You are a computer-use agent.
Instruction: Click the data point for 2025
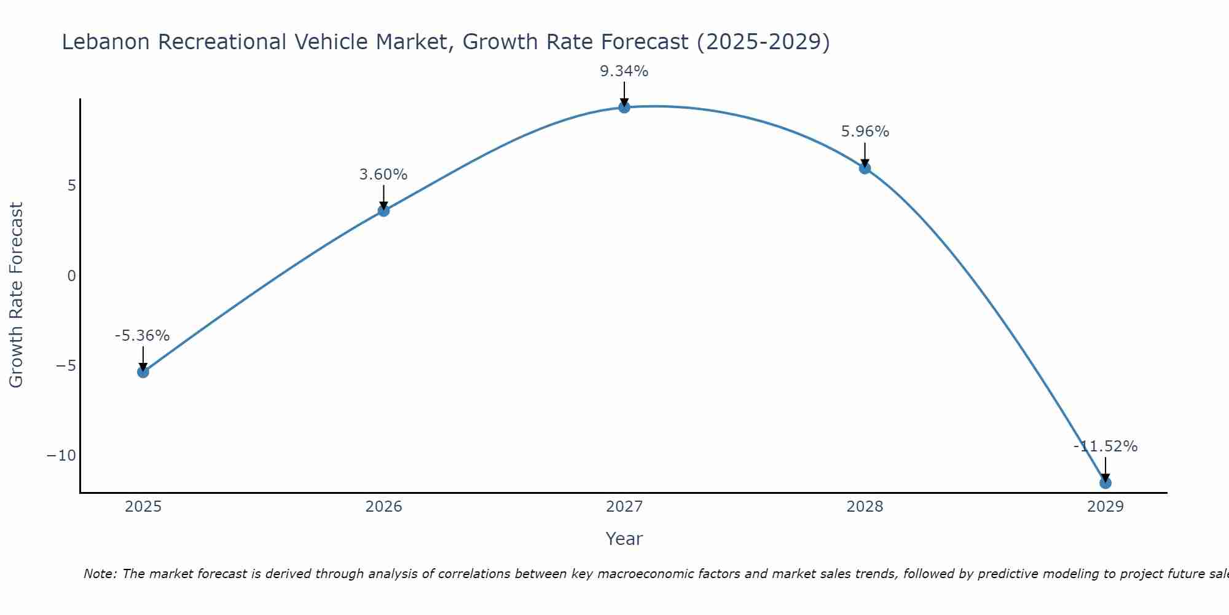point(143,372)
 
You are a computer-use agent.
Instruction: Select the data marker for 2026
point(383,211)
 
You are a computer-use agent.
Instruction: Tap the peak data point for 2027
point(624,108)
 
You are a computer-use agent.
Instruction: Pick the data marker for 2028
point(865,169)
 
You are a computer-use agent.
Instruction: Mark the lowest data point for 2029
point(1105,483)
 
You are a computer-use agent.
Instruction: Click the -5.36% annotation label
point(142,336)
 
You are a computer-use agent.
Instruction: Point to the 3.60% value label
point(383,175)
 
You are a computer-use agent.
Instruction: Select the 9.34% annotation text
point(624,71)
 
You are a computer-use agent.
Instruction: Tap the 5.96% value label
point(865,132)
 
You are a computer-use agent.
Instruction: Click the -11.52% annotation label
point(1105,446)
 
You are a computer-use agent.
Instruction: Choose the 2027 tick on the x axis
point(624,507)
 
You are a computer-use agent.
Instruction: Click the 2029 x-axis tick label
point(1105,507)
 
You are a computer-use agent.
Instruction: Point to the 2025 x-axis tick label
point(143,507)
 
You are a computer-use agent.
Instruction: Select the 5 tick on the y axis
point(71,186)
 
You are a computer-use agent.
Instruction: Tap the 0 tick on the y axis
point(71,276)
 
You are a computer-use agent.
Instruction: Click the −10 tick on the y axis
point(61,456)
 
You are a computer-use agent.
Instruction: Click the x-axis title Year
point(624,539)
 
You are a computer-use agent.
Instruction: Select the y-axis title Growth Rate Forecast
point(17,295)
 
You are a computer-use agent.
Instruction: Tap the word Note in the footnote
point(99,574)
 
